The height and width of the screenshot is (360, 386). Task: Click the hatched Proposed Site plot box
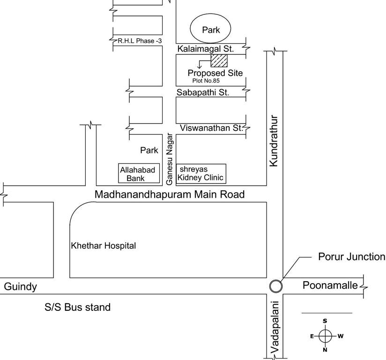click(x=219, y=60)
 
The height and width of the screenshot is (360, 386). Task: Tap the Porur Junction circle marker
click(x=276, y=285)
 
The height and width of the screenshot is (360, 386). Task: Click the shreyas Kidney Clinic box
click(x=200, y=173)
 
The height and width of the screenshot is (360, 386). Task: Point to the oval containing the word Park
click(x=211, y=30)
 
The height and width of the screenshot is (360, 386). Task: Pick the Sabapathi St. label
click(x=203, y=92)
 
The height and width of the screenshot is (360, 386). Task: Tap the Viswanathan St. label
click(x=210, y=128)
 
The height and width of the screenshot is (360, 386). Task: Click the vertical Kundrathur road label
click(x=275, y=141)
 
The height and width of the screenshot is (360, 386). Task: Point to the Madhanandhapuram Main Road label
click(x=170, y=194)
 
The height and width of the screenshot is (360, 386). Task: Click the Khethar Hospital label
click(x=103, y=246)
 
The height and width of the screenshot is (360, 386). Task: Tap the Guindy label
click(x=20, y=287)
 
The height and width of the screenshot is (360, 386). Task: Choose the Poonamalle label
click(x=330, y=285)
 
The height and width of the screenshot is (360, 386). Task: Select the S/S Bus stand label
click(x=78, y=307)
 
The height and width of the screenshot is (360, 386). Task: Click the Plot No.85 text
click(x=208, y=81)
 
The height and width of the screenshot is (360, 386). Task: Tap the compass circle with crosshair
click(x=325, y=336)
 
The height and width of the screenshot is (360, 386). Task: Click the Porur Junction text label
click(x=351, y=257)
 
